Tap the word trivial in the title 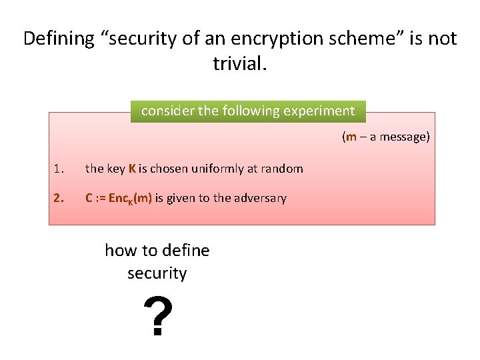237,63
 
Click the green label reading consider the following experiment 248,111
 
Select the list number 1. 59,169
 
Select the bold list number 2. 59,198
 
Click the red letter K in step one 133,169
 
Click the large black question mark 158,317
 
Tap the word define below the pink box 185,251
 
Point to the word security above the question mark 157,273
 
